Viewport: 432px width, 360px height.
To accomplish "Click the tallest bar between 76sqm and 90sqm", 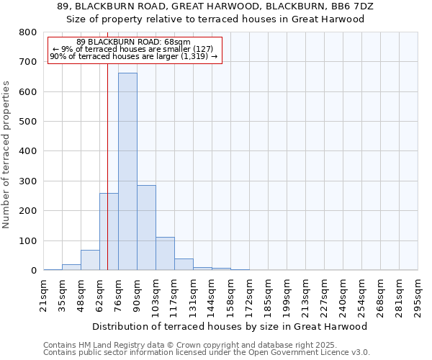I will (127, 171).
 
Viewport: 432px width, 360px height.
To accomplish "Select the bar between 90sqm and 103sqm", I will (146, 228).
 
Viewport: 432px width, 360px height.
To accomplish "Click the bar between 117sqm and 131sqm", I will (184, 264).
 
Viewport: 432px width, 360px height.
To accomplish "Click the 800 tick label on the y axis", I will (28, 32).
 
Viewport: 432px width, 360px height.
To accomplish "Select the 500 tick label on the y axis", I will (28, 122).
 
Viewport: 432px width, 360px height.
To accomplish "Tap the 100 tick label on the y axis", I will (28, 240).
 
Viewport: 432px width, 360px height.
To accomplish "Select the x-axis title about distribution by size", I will (230, 326).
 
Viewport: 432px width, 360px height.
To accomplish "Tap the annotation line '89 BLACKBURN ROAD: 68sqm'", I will (133, 42).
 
